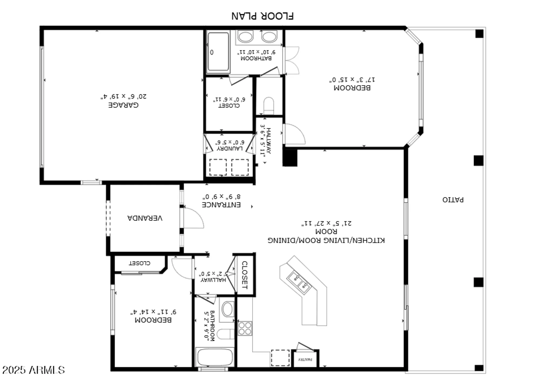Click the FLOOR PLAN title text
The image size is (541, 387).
click(x=262, y=16)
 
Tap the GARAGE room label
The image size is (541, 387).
click(x=123, y=105)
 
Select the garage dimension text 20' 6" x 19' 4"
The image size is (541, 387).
click(x=123, y=96)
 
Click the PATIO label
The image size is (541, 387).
click(x=453, y=200)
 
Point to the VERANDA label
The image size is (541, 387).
click(x=145, y=218)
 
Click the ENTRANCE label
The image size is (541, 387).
click(x=221, y=205)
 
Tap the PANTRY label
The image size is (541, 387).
click(x=305, y=359)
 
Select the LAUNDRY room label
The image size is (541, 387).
click(x=229, y=148)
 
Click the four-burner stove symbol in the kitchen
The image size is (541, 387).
click(x=245, y=329)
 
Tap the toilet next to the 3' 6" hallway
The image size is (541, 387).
click(x=269, y=106)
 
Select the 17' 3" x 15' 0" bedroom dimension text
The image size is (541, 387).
click(x=352, y=80)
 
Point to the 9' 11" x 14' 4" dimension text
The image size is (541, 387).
click(x=153, y=312)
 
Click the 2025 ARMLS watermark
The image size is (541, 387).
click(x=34, y=370)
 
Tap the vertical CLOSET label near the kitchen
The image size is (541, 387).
click(x=244, y=275)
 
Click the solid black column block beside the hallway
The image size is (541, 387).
click(x=290, y=158)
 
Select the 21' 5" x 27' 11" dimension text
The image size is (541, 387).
click(x=326, y=223)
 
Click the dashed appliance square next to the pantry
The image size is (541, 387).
click(x=280, y=358)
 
